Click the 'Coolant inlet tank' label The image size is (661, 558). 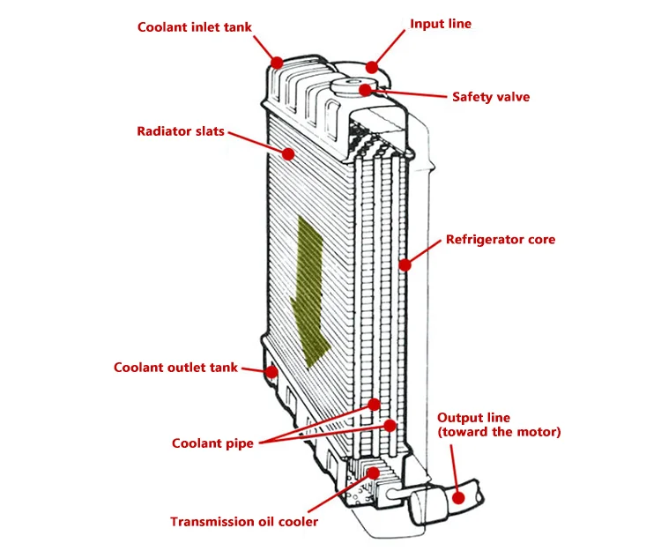(195, 27)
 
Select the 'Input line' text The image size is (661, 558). (441, 24)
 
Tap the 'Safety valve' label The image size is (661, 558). (491, 97)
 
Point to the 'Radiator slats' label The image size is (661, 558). (181, 131)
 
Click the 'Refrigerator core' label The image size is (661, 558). (501, 240)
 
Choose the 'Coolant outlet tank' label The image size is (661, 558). (175, 368)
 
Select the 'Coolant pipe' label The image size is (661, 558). (212, 443)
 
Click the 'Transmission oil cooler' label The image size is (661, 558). (244, 522)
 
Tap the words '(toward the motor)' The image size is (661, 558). (499, 432)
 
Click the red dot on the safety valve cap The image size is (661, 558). (366, 89)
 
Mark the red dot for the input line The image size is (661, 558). (372, 67)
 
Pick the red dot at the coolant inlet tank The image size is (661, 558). (277, 63)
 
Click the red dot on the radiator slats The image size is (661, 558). (288, 154)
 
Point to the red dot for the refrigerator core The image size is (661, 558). (405, 264)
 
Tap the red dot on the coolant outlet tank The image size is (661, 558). (272, 372)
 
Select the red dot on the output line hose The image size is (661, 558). (458, 498)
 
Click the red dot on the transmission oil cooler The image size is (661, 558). (374, 473)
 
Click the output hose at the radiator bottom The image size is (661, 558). (447, 502)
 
